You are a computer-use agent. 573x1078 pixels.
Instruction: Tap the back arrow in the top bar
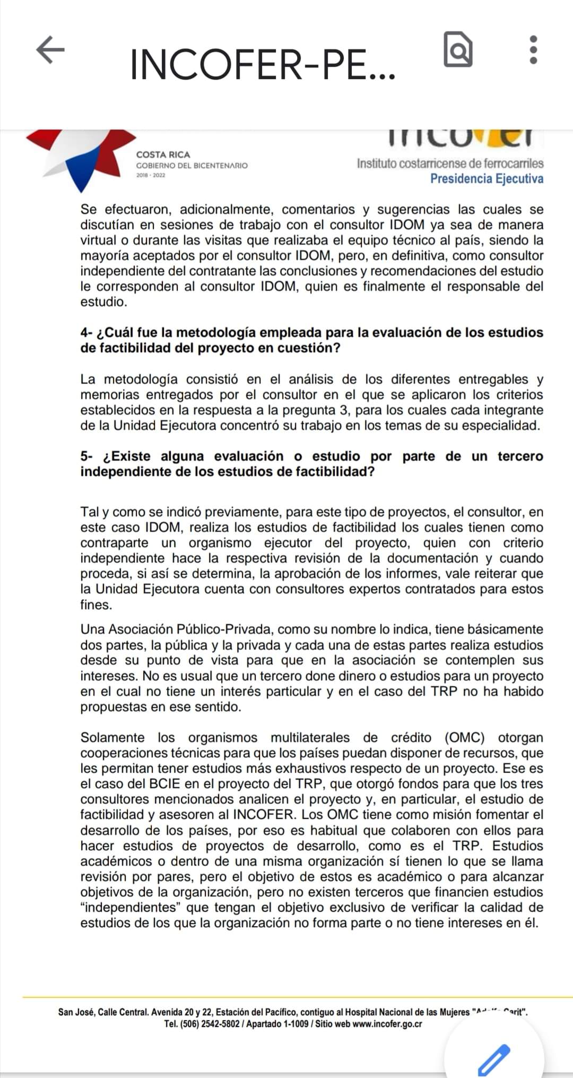(50, 50)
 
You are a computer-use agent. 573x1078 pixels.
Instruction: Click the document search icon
(458, 50)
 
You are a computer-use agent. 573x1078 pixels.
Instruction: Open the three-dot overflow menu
(534, 50)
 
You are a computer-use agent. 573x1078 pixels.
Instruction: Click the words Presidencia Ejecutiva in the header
(487, 179)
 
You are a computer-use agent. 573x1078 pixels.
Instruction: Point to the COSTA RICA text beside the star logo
(163, 154)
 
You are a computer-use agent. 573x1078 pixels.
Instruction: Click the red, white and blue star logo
(80, 157)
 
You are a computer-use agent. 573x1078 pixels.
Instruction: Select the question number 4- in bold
(86, 333)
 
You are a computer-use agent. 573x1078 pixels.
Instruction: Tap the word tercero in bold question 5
(520, 456)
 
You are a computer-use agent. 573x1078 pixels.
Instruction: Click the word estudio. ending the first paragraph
(103, 302)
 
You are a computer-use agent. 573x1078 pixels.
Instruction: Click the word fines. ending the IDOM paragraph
(96, 605)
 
